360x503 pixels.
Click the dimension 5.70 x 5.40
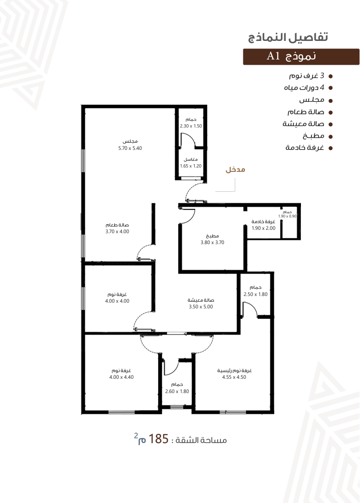pyautogui.click(x=130, y=148)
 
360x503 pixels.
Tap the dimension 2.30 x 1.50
pyautogui.click(x=191, y=126)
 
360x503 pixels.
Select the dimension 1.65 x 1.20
pyautogui.click(x=191, y=166)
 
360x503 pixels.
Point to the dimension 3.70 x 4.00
pyautogui.click(x=117, y=231)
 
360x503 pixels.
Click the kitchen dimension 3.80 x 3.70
pyautogui.click(x=212, y=243)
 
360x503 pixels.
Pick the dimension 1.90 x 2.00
pyautogui.click(x=263, y=228)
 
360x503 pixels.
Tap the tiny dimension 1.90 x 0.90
pyautogui.click(x=287, y=216)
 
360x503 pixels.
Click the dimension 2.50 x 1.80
pyautogui.click(x=255, y=294)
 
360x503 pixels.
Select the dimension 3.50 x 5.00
pyautogui.click(x=200, y=306)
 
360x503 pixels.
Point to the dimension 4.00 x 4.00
pyautogui.click(x=117, y=301)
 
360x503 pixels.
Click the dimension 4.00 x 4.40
pyautogui.click(x=121, y=377)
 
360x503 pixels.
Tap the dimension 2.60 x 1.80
pyautogui.click(x=177, y=391)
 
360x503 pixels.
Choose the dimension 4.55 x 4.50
pyautogui.click(x=234, y=377)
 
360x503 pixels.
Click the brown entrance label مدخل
pyautogui.click(x=235, y=169)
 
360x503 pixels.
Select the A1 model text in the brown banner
pyautogui.click(x=273, y=56)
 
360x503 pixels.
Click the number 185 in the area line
pyautogui.click(x=158, y=439)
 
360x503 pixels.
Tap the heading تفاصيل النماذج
pyautogui.click(x=288, y=37)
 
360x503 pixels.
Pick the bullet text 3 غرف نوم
pyautogui.click(x=306, y=76)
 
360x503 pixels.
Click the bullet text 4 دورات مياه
pyautogui.click(x=304, y=88)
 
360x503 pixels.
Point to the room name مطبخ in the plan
pyautogui.click(x=212, y=236)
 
